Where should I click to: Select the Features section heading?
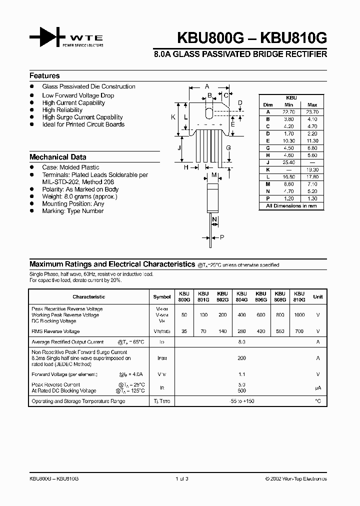(x=44, y=76)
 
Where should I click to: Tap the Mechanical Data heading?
(x=57, y=156)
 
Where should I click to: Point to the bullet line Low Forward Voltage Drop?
(x=78, y=95)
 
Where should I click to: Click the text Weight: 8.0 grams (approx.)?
(x=79, y=196)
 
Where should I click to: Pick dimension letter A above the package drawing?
(x=207, y=86)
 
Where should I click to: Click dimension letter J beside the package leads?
(x=179, y=148)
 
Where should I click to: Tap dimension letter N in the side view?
(x=214, y=219)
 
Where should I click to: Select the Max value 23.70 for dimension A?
(x=312, y=112)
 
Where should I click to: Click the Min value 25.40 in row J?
(x=288, y=162)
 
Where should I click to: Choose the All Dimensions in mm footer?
(x=291, y=206)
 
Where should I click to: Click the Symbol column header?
(x=161, y=296)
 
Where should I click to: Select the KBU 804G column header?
(x=241, y=296)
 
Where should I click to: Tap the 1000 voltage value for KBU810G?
(x=298, y=315)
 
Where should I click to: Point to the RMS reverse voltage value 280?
(x=241, y=331)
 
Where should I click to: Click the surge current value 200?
(x=241, y=358)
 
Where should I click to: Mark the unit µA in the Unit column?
(x=317, y=387)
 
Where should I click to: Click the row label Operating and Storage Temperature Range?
(x=78, y=401)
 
